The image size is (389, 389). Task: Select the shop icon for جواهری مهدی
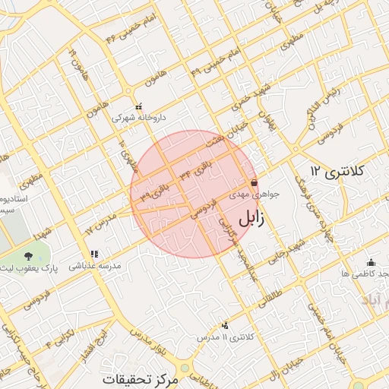pos(253,183)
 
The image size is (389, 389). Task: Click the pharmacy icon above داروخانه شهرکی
pos(138,107)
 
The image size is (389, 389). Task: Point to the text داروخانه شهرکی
pos(138,119)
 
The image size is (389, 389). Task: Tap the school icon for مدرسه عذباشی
pos(94,255)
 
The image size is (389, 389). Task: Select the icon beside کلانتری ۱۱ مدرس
pos(224,325)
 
